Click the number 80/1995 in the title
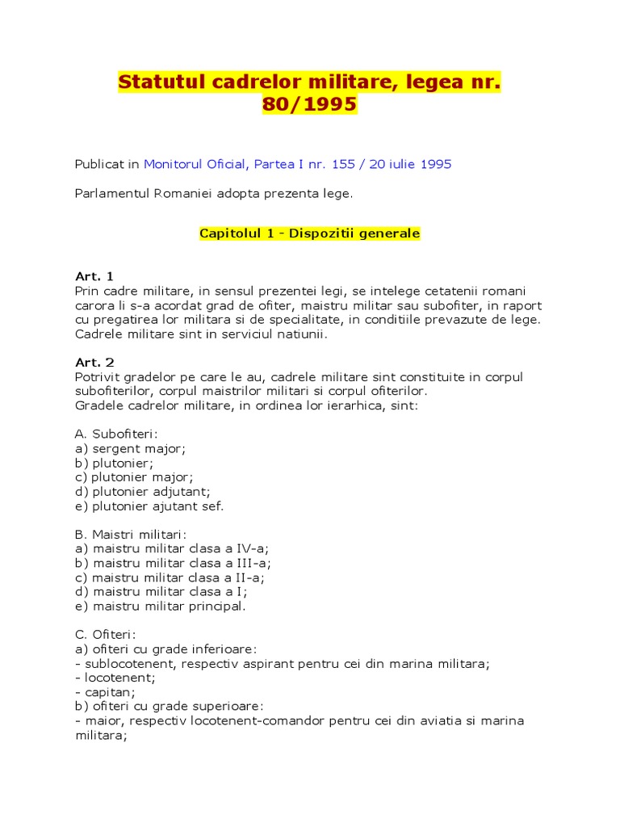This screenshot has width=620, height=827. [x=309, y=105]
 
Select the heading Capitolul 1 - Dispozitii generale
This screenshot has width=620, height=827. [x=309, y=233]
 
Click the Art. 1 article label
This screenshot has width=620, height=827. [x=94, y=276]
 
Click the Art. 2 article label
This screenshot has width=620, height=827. [x=94, y=363]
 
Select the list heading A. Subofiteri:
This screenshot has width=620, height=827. [x=116, y=434]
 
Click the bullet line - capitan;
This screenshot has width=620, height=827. [x=104, y=692]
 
